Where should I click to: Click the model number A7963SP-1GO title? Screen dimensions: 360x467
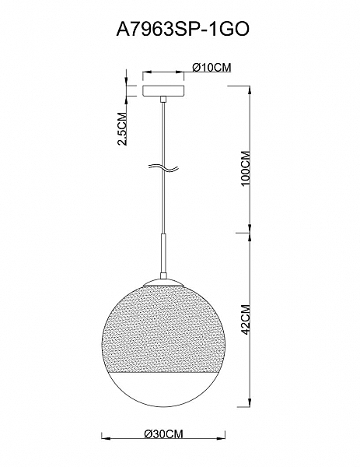(183, 30)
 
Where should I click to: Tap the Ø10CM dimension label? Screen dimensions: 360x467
(211, 68)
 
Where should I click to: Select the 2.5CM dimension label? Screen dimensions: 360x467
(122, 128)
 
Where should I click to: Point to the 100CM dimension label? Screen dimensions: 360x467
(246, 169)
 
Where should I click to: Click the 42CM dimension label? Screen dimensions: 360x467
(246, 319)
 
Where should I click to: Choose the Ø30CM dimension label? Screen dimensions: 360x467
(163, 434)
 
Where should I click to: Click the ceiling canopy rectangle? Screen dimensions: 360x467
(163, 91)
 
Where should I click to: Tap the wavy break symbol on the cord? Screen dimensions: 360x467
(163, 169)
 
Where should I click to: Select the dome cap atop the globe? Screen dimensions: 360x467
(163, 283)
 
